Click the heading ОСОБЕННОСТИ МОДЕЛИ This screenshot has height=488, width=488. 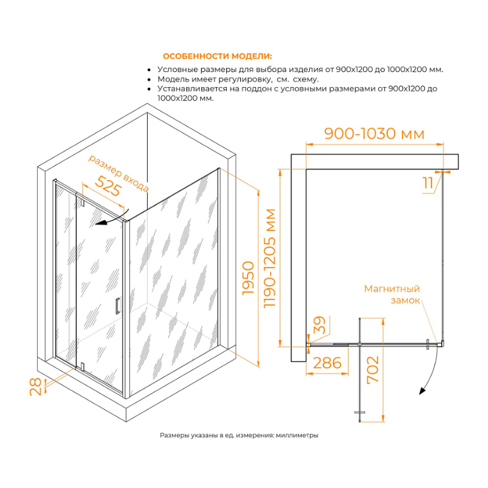click(x=217, y=56)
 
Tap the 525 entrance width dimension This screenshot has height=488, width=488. click(x=108, y=186)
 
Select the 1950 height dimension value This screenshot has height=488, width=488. click(x=248, y=278)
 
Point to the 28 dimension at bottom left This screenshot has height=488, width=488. click(x=35, y=387)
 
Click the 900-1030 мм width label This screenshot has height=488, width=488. click(x=374, y=134)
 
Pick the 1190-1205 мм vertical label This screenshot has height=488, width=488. click(x=270, y=258)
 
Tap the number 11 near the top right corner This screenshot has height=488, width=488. click(x=428, y=182)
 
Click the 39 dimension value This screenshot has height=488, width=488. click(x=319, y=325)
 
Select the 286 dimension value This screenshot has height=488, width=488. click(x=327, y=363)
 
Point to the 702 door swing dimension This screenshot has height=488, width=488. click(x=373, y=370)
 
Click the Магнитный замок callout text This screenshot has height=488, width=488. click(x=392, y=295)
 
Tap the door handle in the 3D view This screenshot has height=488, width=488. click(x=117, y=306)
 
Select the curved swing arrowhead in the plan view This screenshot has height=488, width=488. click(x=422, y=391)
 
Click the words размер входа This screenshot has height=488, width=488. click(x=118, y=173)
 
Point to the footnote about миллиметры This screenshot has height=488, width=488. click(x=239, y=436)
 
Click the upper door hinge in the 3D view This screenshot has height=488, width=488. click(x=82, y=201)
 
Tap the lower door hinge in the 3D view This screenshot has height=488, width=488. click(x=82, y=367)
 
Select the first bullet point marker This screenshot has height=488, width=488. click(x=149, y=70)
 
